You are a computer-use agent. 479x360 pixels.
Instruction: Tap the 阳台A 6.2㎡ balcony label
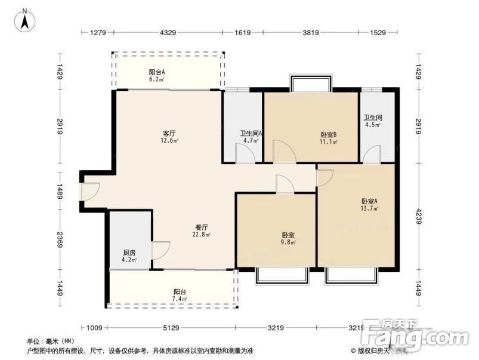[157, 75]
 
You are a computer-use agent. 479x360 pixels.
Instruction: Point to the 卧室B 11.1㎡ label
[329, 138]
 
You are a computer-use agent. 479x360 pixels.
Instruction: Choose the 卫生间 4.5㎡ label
[373, 121]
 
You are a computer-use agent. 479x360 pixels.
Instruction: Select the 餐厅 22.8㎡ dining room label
[201, 230]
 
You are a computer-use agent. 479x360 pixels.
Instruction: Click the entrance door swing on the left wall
[89, 190]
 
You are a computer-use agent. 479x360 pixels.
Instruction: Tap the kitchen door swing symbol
[161, 250]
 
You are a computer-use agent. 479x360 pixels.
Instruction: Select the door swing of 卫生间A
[245, 153]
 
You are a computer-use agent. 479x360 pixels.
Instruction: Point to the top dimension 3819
[309, 33]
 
